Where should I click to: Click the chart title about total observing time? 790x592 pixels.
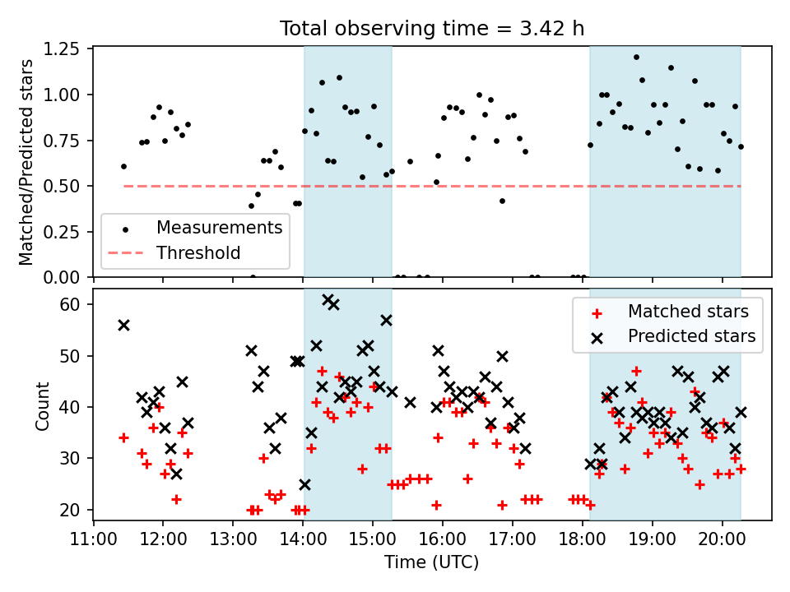click(x=432, y=29)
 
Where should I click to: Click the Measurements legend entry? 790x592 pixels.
click(x=220, y=227)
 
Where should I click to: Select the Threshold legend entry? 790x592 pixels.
click(x=198, y=252)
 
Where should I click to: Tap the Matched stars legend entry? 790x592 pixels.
click(x=688, y=312)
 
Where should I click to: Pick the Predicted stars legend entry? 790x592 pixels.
click(x=691, y=335)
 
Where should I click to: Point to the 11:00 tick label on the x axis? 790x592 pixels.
click(x=93, y=540)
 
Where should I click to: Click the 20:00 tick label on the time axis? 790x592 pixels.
click(x=723, y=540)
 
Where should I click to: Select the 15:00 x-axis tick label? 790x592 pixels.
click(x=373, y=540)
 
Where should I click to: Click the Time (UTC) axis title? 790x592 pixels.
click(x=432, y=562)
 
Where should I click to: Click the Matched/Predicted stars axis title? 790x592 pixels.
click(x=26, y=162)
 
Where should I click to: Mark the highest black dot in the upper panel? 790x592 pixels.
click(x=636, y=58)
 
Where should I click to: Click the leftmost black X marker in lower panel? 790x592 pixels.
click(x=123, y=325)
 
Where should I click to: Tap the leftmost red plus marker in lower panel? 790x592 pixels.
click(x=123, y=437)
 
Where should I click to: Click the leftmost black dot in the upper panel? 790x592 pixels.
click(x=123, y=166)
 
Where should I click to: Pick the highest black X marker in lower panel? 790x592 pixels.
click(x=328, y=299)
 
